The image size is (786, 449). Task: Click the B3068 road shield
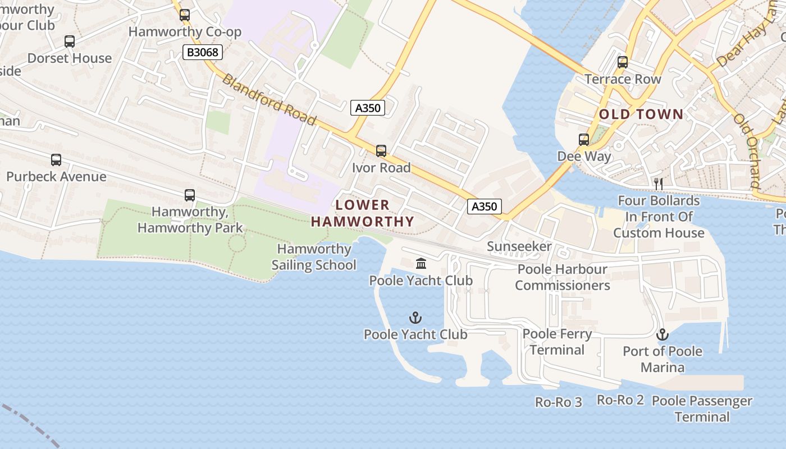coord(203,53)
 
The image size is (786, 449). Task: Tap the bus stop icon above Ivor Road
coord(381,150)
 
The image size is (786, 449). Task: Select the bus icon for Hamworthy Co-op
coord(185,15)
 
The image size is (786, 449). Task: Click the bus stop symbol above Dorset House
coord(70,42)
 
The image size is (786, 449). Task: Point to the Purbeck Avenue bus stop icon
coord(56,160)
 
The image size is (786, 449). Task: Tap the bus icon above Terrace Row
coord(623,62)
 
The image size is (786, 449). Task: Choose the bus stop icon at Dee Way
coord(584,140)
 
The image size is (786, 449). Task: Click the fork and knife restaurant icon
coord(659,184)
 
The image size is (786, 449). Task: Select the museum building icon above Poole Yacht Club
coord(421,263)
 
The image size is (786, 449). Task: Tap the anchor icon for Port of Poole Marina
coord(663,335)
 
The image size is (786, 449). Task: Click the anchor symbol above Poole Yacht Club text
coord(415,318)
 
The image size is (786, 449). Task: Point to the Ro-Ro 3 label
coord(559,402)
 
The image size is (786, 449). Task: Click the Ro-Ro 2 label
coord(620,400)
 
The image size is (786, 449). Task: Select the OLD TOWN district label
coord(641,114)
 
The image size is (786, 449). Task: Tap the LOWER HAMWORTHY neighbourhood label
coord(363,213)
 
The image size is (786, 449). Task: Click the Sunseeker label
coord(519,246)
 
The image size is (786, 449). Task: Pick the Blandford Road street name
coord(269,99)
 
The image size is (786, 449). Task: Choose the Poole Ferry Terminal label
coord(557,342)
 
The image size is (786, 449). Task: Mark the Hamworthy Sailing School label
coord(314,257)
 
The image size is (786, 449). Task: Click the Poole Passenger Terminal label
coord(702,409)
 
